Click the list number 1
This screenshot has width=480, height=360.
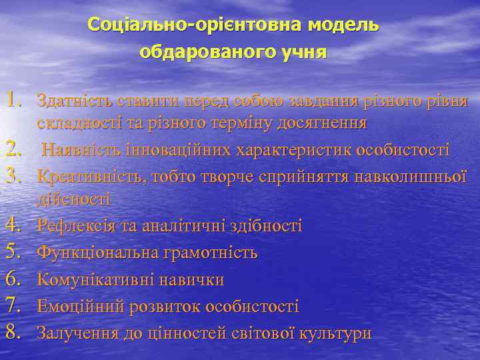pyautogui.click(x=16, y=101)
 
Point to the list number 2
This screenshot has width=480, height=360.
pyautogui.click(x=16, y=149)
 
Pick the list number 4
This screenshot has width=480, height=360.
pyautogui.click(x=16, y=225)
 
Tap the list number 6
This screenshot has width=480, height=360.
pyautogui.click(x=16, y=279)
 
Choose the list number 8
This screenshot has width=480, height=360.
pyautogui.click(x=16, y=332)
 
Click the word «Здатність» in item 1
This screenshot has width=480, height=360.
pyautogui.click(x=75, y=101)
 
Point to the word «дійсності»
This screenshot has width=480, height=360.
pyautogui.click(x=73, y=199)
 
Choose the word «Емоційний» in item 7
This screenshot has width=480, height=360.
pyautogui.click(x=75, y=306)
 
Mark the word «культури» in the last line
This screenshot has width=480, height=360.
pyautogui.click(x=336, y=333)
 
